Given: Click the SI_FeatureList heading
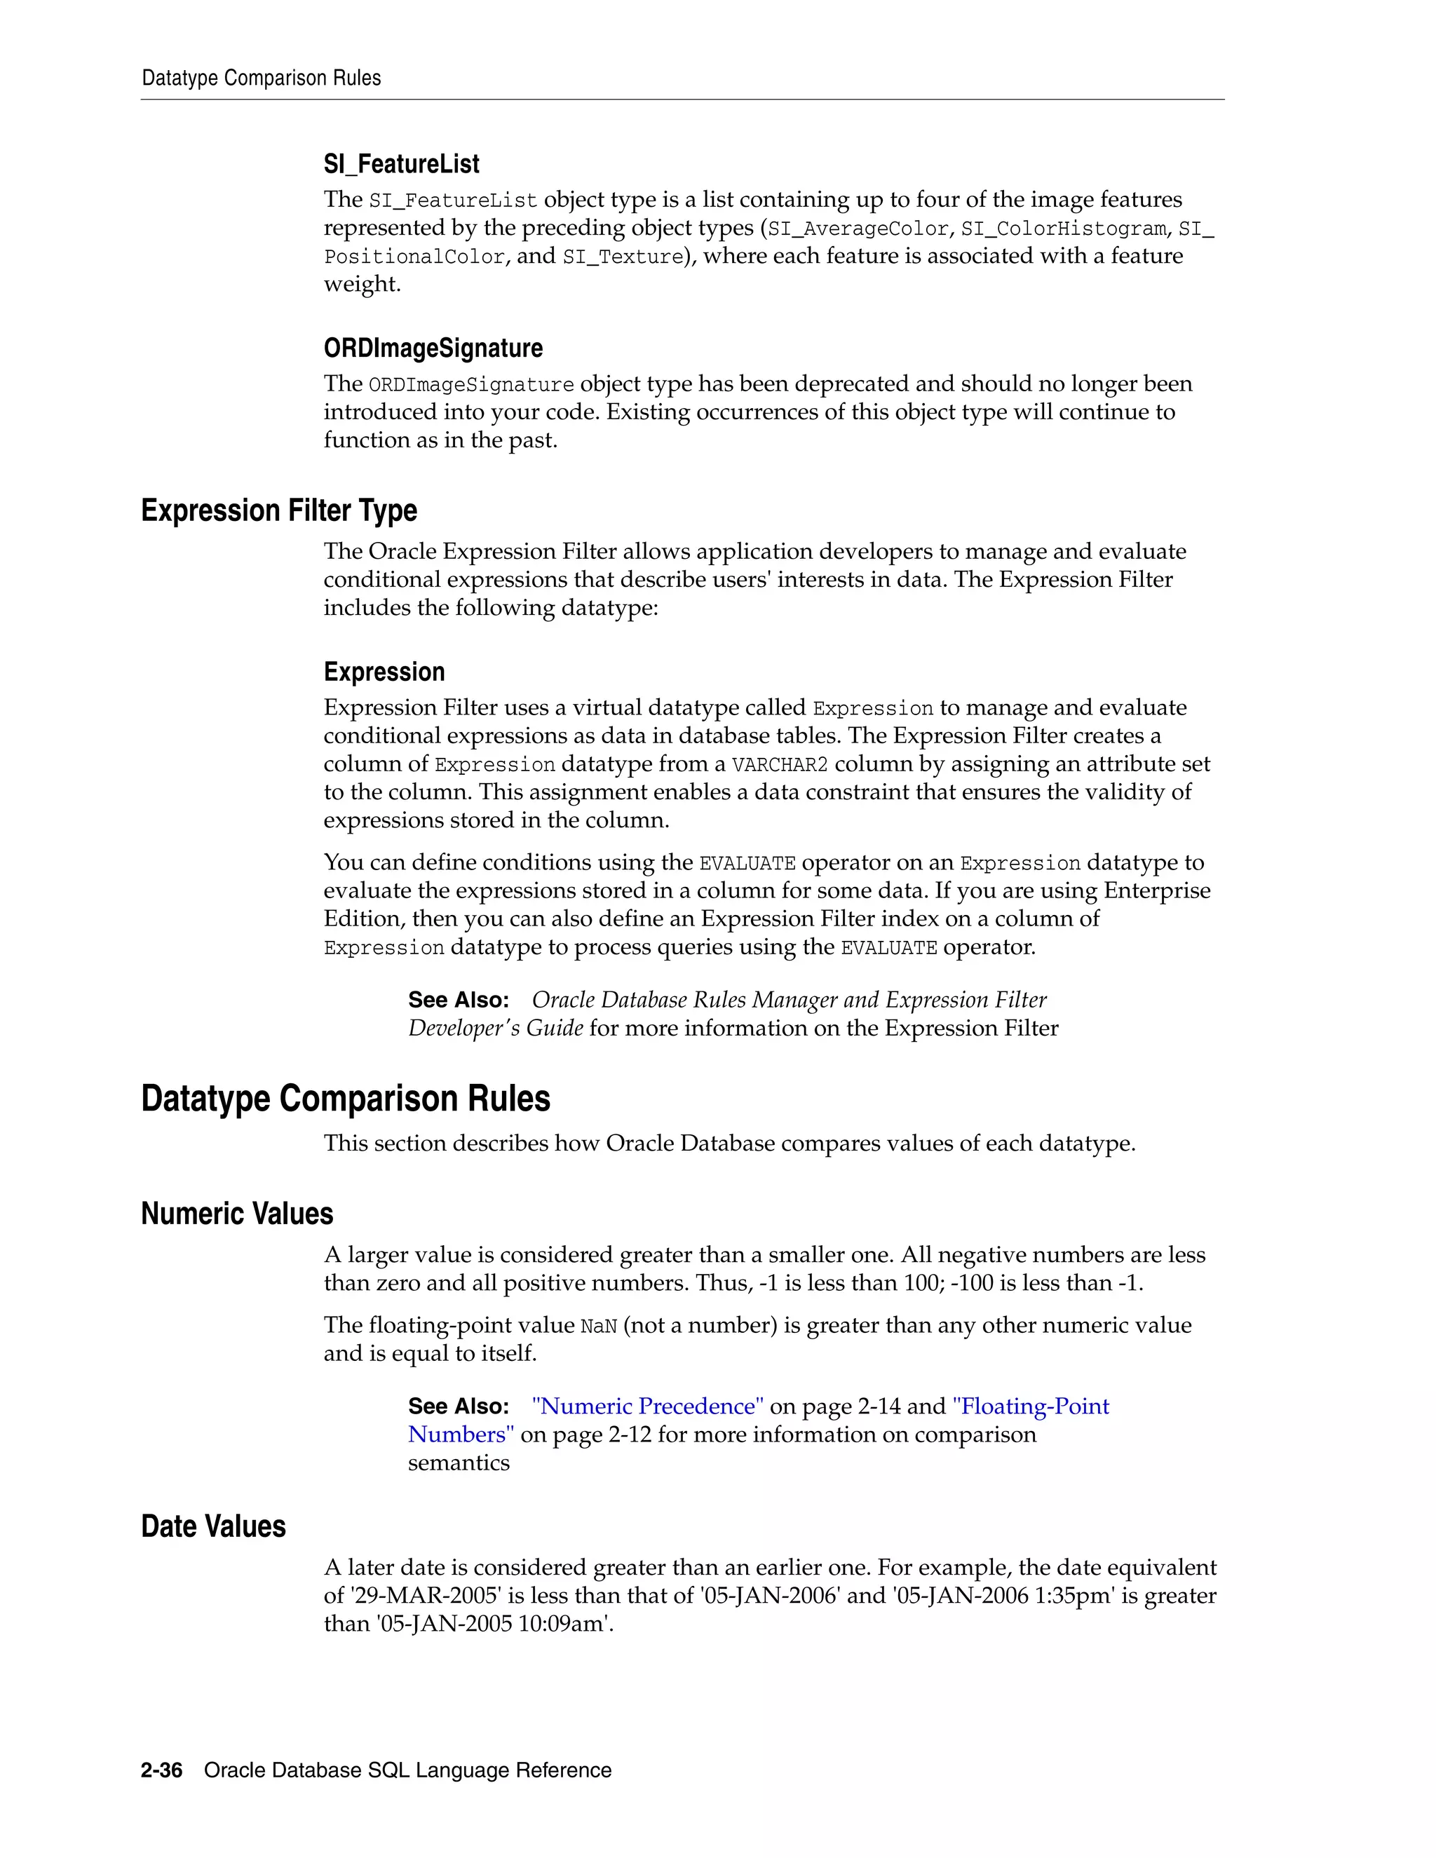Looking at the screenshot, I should click(402, 164).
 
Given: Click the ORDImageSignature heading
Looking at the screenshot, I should click(433, 348).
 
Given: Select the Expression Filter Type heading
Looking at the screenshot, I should click(279, 510).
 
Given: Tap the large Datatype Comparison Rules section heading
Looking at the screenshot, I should click(346, 1098).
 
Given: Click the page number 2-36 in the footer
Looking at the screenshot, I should click(162, 1770).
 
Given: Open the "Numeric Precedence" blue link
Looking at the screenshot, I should click(647, 1406).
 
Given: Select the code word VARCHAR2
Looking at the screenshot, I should click(779, 765).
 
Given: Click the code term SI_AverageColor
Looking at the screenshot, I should click(858, 229).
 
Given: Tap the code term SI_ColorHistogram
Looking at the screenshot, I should click(1064, 229).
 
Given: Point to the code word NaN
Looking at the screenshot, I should click(598, 1327).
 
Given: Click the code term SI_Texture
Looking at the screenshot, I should click(623, 257).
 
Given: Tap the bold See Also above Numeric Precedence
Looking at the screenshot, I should click(459, 1406).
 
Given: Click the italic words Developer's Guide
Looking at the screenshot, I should click(495, 1029).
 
